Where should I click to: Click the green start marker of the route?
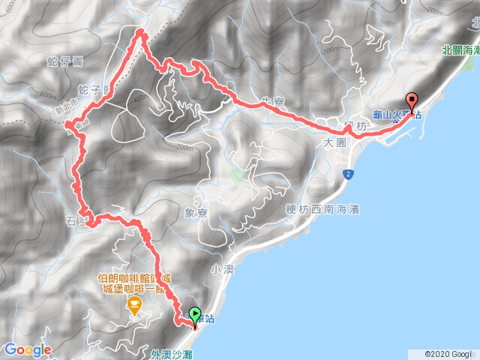pyautogui.click(x=196, y=316)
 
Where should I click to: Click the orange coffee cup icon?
pyautogui.click(x=135, y=304)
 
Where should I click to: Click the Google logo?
pyautogui.click(x=27, y=350)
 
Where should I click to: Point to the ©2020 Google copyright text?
pyautogui.click(x=449, y=353)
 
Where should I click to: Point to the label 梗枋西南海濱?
pyautogui.click(x=322, y=209)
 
